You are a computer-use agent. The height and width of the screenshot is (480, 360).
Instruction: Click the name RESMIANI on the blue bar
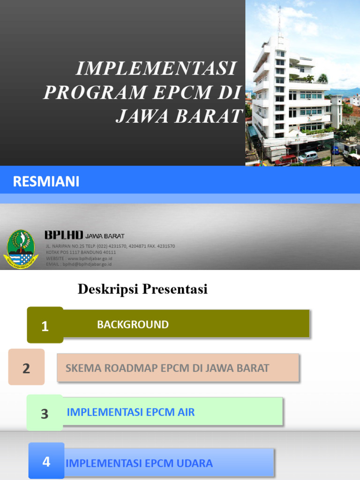(x=46, y=181)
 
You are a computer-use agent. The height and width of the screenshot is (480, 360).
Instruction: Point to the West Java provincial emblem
(x=21, y=249)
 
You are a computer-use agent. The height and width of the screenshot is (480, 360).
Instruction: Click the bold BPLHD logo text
(x=64, y=235)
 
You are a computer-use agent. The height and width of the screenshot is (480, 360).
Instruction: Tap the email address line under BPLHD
(x=79, y=264)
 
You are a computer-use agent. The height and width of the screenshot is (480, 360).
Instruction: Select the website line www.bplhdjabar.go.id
(x=79, y=258)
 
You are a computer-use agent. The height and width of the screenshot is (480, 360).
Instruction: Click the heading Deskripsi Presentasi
(x=142, y=289)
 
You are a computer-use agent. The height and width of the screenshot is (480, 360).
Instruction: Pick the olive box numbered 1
(x=45, y=325)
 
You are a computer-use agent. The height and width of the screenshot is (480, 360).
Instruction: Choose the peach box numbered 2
(x=26, y=367)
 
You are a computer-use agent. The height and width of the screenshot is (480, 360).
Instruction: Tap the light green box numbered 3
(x=45, y=413)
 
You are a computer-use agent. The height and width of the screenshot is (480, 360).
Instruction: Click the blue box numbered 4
(x=46, y=461)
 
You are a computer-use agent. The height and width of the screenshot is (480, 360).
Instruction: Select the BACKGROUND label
(x=133, y=324)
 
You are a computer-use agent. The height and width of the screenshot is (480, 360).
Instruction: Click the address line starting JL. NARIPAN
(x=110, y=246)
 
